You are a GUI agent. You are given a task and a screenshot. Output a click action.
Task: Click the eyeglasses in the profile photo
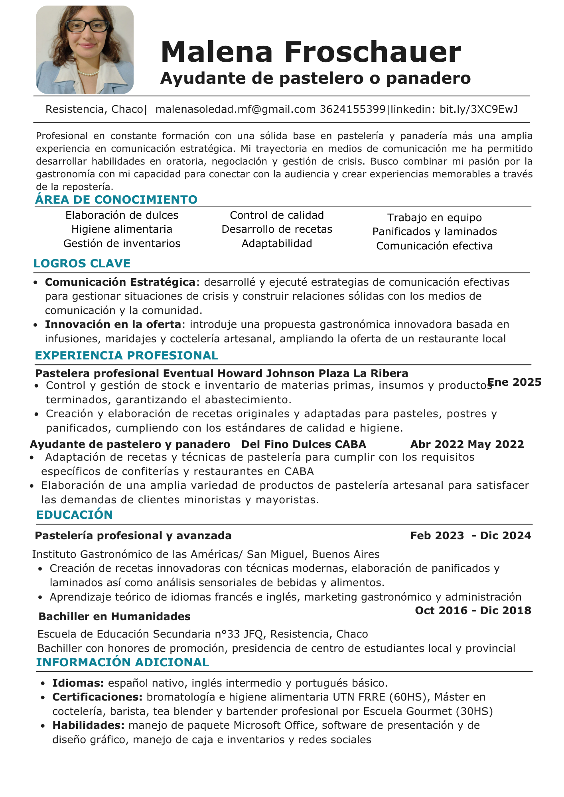(x=87, y=26)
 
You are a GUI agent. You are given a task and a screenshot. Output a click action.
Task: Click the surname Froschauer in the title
(x=373, y=52)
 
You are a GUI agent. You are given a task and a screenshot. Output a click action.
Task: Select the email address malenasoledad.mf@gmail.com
(x=235, y=109)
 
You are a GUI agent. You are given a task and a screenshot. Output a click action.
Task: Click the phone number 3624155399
(x=353, y=109)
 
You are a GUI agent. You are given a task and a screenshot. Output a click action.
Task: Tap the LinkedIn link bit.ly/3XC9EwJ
(x=479, y=109)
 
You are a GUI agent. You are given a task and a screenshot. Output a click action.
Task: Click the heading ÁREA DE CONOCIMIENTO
(x=116, y=200)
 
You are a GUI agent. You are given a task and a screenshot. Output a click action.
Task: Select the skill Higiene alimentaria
(x=122, y=229)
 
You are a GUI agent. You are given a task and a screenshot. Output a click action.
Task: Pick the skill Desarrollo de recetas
(x=277, y=229)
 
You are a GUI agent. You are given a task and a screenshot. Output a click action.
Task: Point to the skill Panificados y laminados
(x=434, y=232)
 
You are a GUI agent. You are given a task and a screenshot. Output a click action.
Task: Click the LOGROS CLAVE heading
(x=82, y=263)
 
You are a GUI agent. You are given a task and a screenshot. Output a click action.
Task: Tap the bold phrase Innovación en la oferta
(x=113, y=324)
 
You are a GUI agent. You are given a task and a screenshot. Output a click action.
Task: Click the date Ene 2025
(x=515, y=382)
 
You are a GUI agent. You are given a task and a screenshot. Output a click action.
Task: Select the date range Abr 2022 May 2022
(x=467, y=444)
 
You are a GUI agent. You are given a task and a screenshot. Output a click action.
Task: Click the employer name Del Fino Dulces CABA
(x=304, y=444)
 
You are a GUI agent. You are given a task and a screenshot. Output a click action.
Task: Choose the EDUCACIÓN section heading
(x=75, y=515)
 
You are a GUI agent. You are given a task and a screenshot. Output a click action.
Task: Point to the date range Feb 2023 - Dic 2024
(x=471, y=536)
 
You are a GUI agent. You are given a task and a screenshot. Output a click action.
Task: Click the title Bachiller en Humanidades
(x=114, y=616)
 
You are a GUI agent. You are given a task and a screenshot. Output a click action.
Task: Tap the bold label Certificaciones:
(x=97, y=697)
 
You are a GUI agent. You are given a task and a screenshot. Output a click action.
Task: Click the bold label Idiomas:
(x=78, y=683)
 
